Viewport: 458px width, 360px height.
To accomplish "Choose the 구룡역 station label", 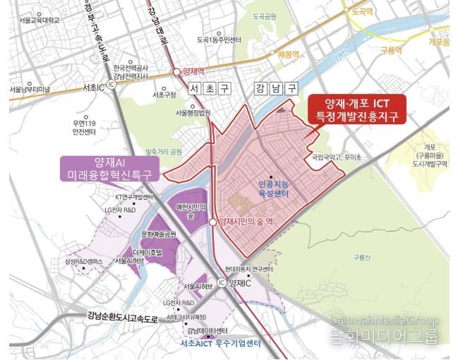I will click(x=390, y=51).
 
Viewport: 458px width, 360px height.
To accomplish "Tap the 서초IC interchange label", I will click(x=93, y=87).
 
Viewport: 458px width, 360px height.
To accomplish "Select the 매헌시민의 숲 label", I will click(x=191, y=210).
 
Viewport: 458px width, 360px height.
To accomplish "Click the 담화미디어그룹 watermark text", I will click(x=385, y=337).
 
